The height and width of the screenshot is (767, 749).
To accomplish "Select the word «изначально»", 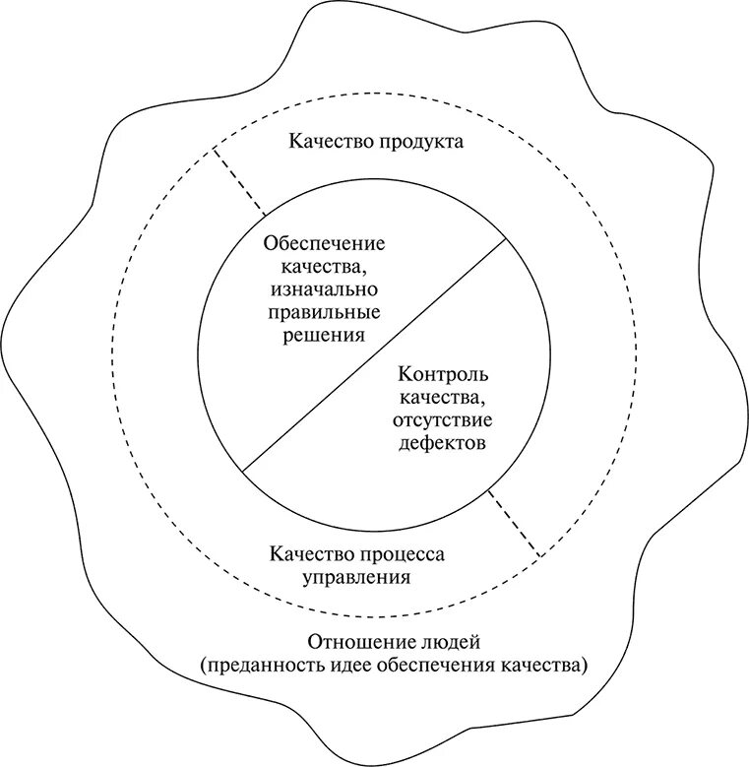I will (323, 289).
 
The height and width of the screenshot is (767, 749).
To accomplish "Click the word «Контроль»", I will (444, 375).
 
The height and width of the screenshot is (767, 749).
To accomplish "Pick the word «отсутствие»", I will (444, 420).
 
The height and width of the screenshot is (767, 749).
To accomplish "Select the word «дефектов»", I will (444, 443).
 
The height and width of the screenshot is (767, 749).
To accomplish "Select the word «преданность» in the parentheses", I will (255, 665).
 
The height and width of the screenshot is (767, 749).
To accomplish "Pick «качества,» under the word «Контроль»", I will (444, 398).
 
